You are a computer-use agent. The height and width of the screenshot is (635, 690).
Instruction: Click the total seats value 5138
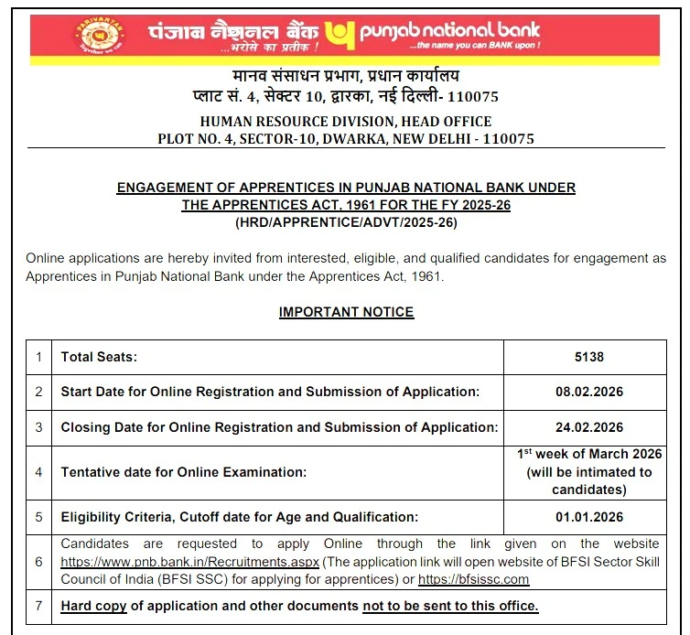pos(589,357)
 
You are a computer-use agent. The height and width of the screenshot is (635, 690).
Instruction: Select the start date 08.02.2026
pos(589,392)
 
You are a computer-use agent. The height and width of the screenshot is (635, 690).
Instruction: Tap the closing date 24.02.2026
pos(589,427)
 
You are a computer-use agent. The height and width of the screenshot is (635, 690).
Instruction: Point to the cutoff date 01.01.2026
pos(589,517)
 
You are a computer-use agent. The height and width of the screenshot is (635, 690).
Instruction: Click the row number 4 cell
pos(38,472)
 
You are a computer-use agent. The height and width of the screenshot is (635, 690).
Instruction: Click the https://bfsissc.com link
pos(473,579)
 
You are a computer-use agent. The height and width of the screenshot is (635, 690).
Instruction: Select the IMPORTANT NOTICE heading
pos(346,312)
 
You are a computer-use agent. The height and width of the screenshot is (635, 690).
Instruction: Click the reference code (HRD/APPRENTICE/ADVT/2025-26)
pos(346,222)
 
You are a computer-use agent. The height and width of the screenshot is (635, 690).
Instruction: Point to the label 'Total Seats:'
pos(99,357)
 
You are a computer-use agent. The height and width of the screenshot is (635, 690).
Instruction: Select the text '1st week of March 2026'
pos(589,455)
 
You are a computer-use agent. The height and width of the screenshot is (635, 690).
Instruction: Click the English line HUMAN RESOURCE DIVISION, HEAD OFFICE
pos(346,122)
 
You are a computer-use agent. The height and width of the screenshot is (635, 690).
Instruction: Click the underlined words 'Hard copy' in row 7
pos(93,606)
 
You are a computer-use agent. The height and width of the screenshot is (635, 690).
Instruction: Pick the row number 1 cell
pos(38,357)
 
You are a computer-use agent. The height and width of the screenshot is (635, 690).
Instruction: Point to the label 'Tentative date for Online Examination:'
pos(184,472)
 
